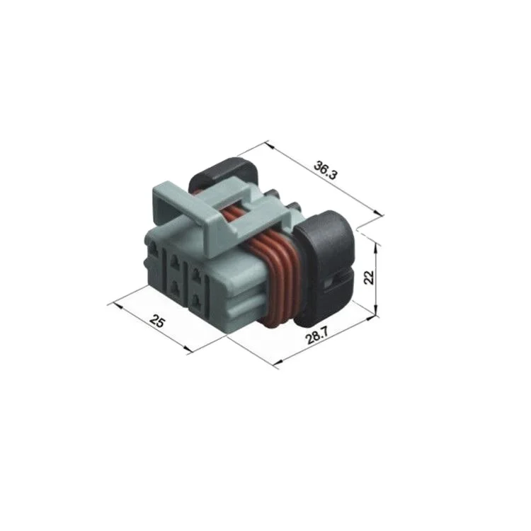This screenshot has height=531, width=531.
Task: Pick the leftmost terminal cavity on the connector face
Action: point(154,250)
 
